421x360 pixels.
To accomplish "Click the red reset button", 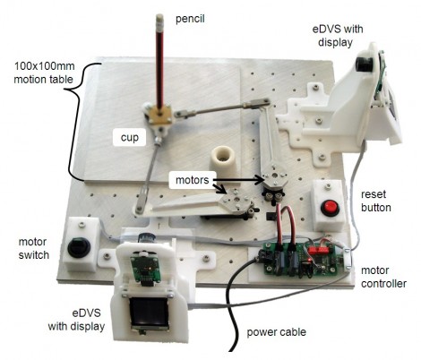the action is pos(330,208).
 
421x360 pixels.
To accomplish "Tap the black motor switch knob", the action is pos(79,247).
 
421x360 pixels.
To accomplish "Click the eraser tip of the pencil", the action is pos(159,17).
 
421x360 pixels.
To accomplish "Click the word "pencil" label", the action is pos(190,19).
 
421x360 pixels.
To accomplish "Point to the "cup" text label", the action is pos(130,137).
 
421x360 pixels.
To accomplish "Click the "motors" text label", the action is pos(192,180).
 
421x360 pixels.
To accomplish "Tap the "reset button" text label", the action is pos(375,201).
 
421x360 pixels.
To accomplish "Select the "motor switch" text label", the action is pos(34,248).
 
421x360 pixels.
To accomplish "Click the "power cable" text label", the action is pos(276,332).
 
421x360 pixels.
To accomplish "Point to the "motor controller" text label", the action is pos(383,277).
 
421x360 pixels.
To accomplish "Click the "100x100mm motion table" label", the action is pos(44,73).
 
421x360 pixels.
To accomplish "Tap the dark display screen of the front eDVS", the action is pos(149,312).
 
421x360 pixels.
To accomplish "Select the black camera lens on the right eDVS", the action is pos(364,64).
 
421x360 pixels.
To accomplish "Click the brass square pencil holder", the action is pos(160,114).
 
